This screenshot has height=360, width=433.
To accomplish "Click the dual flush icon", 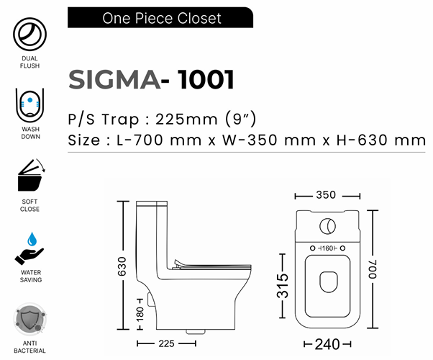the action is (29, 34).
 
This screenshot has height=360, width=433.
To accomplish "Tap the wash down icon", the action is (29, 105).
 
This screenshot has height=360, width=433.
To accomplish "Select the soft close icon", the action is (31, 175).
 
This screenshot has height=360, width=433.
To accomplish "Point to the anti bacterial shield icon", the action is (29, 320).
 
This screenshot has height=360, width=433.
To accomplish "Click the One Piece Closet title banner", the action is (160, 17).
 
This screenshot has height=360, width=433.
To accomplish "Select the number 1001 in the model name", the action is (206, 80).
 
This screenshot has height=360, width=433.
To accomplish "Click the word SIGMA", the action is (114, 80).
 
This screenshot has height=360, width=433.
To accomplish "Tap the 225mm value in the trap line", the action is (186, 120).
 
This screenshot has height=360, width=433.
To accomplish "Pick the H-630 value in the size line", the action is (362, 140).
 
